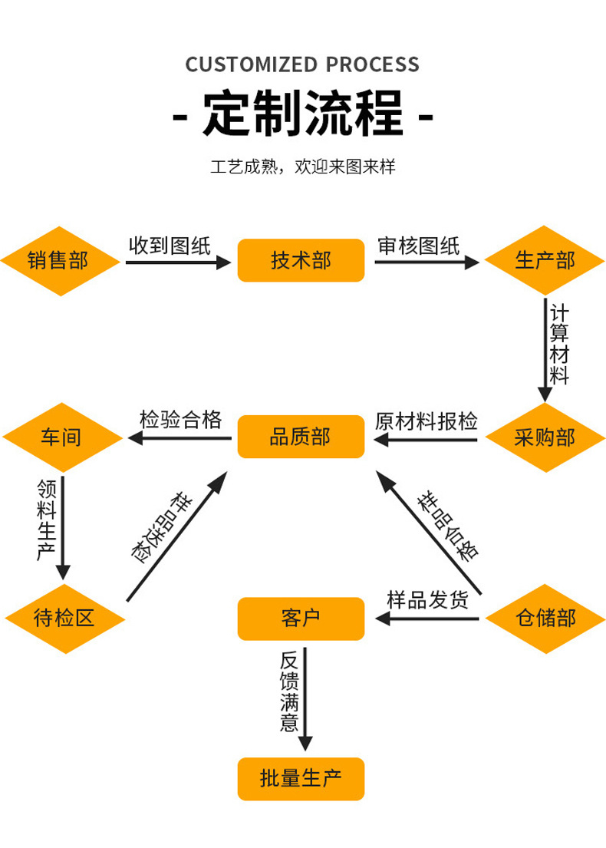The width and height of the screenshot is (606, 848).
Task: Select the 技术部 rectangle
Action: [300, 260]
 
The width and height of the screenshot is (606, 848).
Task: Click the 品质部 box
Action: [300, 437]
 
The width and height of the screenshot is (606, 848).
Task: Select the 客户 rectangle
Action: [300, 618]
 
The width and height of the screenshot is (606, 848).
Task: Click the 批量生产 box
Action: [300, 780]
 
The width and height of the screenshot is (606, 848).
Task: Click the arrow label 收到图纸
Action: [169, 246]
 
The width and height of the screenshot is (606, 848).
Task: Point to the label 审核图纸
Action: [419, 246]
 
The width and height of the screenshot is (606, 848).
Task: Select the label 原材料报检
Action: [427, 421]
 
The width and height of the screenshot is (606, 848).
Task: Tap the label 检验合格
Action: [181, 420]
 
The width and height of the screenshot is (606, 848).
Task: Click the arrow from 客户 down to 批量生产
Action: [305, 698]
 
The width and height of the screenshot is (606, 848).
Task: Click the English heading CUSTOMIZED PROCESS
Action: [303, 64]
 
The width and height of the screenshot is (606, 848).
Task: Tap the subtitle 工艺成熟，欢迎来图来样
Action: [303, 167]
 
